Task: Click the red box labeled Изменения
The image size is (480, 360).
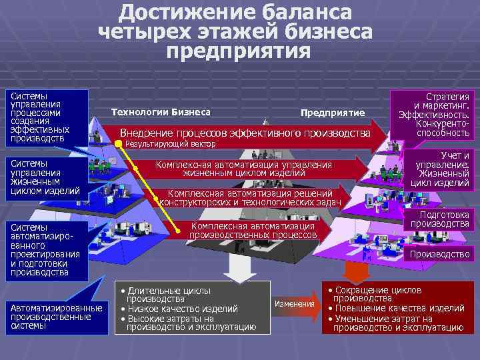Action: tap(294, 304)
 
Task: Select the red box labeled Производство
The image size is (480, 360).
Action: tap(439, 254)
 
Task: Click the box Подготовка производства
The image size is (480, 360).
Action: tap(439, 219)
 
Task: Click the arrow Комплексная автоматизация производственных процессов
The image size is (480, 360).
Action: tap(252, 231)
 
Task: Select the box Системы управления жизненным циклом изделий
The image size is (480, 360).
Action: tap(46, 177)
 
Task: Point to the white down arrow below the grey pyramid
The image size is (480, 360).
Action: tap(235, 267)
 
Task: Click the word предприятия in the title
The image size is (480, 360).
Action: tap(239, 51)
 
